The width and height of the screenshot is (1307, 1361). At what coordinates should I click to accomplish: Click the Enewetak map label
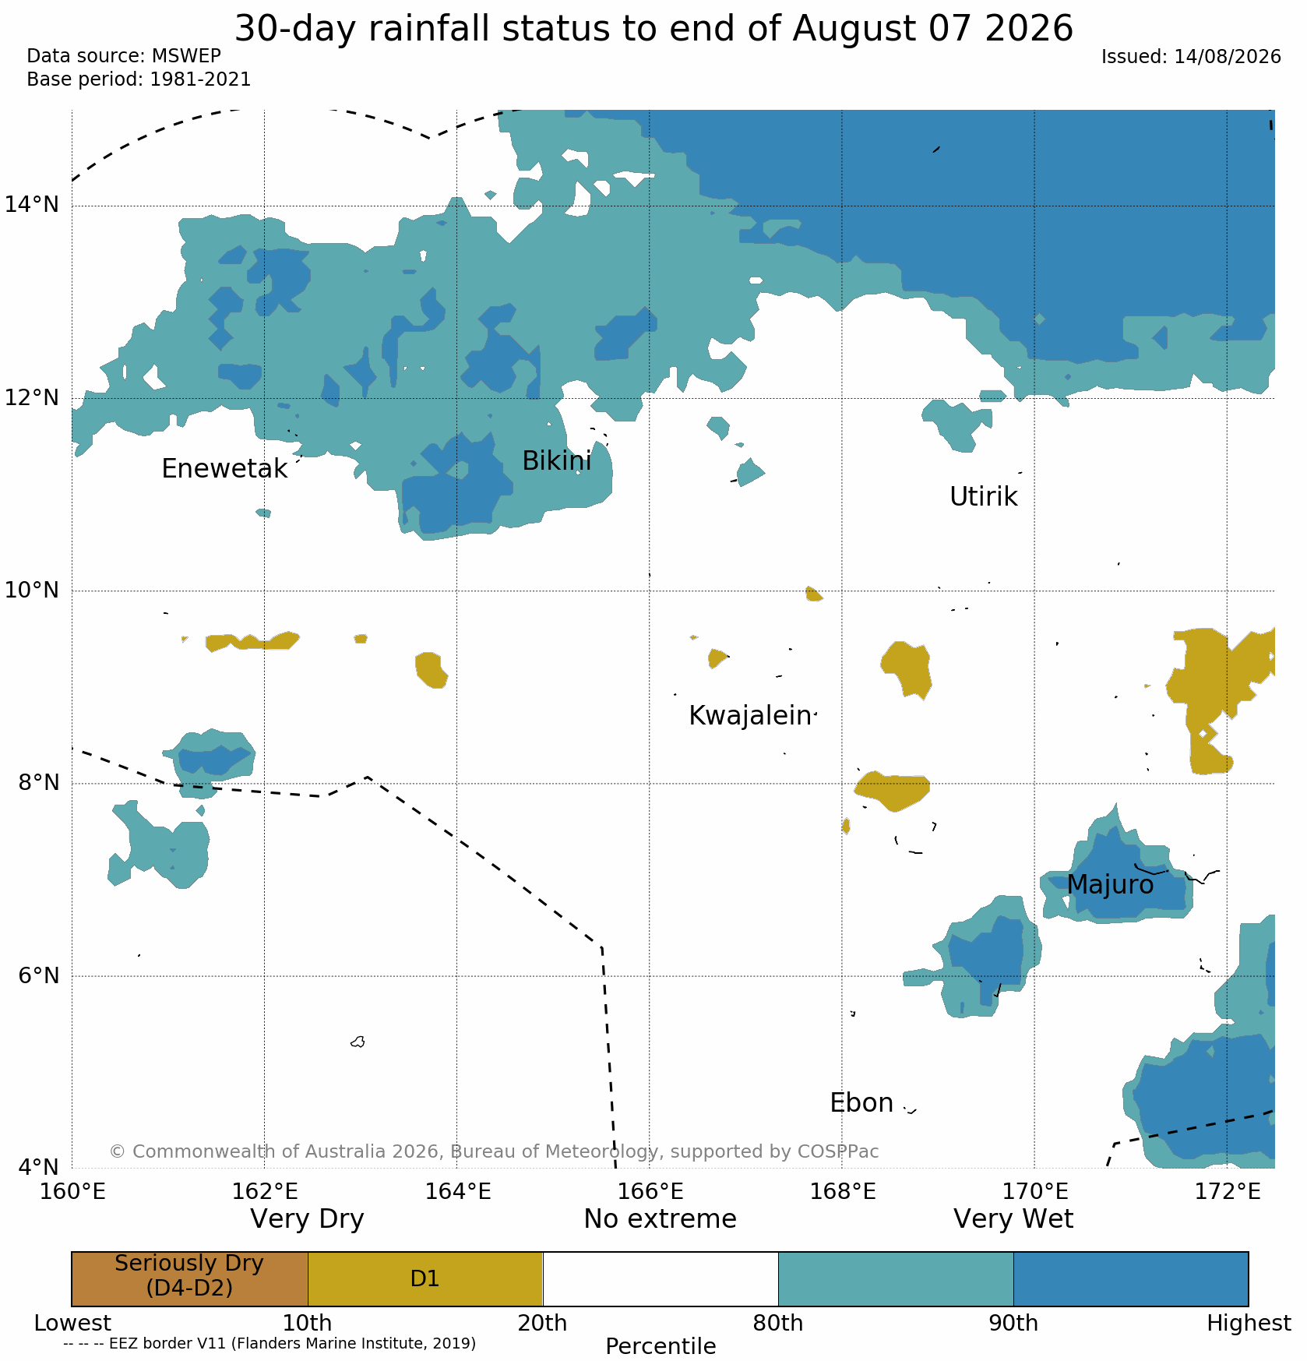(x=224, y=469)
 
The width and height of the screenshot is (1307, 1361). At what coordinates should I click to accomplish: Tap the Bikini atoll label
(x=556, y=461)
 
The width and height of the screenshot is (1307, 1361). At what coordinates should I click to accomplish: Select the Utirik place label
(x=983, y=497)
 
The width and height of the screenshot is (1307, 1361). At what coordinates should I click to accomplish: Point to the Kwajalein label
(x=750, y=716)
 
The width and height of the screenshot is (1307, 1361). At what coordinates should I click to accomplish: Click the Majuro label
(x=1110, y=885)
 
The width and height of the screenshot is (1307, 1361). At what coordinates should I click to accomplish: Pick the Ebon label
(x=861, y=1103)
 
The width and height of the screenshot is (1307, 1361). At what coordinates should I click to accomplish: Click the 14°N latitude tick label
(x=32, y=205)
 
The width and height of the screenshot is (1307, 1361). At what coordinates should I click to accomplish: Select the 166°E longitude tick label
(x=650, y=1192)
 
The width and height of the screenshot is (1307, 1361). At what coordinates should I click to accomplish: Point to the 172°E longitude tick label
(x=1228, y=1192)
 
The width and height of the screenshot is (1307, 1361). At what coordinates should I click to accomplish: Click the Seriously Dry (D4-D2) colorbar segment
(x=189, y=1279)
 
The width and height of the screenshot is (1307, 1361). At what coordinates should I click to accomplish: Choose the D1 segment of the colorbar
(x=425, y=1279)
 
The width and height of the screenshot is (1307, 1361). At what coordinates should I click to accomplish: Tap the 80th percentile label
(x=778, y=1324)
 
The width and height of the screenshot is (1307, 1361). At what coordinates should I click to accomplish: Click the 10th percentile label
(x=307, y=1324)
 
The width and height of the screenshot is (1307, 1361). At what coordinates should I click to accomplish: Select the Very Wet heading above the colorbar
(x=1013, y=1219)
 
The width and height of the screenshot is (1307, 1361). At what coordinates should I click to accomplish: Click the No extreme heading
(x=661, y=1219)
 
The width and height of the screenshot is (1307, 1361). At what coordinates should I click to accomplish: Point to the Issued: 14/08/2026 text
(x=1191, y=57)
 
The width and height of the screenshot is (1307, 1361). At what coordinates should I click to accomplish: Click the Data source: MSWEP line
(x=124, y=56)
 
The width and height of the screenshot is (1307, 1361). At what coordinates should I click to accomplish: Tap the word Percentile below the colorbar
(x=661, y=1347)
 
